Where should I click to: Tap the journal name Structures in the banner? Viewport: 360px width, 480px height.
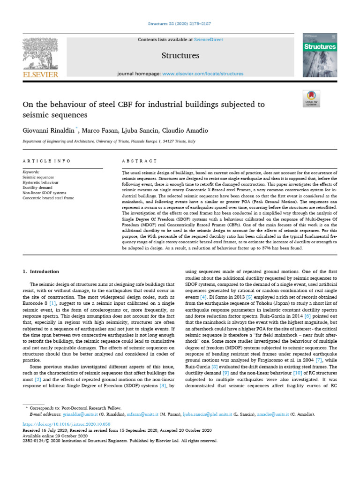[x=180, y=56]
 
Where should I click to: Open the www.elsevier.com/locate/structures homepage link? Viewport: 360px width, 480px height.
[x=202, y=74]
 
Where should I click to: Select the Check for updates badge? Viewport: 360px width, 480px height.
[x=311, y=99]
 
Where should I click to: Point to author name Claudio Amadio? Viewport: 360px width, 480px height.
[x=185, y=130]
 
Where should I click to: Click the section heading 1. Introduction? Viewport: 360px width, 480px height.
[x=41, y=271]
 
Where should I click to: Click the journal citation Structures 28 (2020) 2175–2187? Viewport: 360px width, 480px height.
[x=180, y=23]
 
